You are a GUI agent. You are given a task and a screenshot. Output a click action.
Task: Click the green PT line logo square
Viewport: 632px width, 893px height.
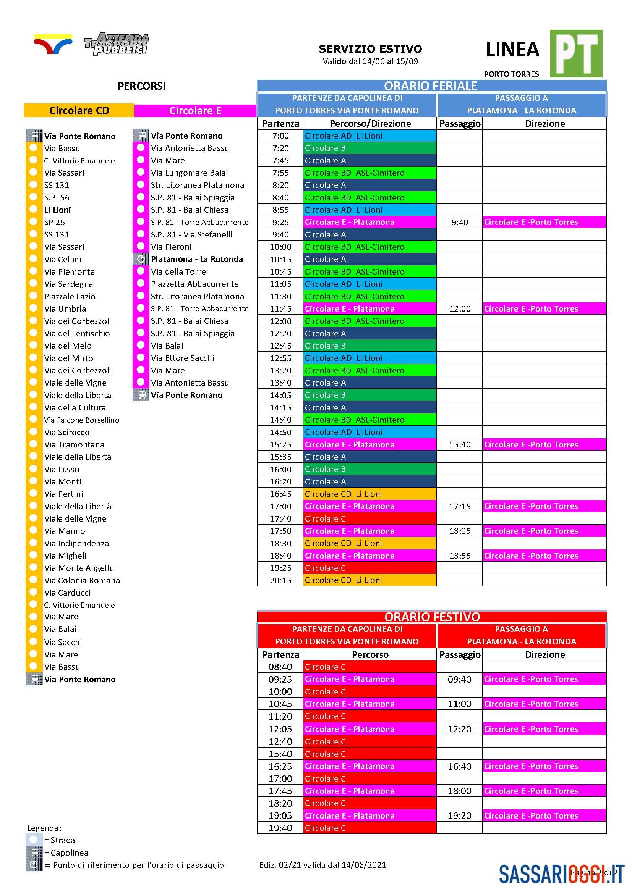tap(575, 53)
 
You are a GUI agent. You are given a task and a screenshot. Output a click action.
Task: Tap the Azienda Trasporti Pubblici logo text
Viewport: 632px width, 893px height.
tap(117, 44)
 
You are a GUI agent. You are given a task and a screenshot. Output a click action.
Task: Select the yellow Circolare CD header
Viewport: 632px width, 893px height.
tap(79, 110)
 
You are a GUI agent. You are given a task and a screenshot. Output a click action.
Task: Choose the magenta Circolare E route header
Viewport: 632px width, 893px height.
tap(195, 110)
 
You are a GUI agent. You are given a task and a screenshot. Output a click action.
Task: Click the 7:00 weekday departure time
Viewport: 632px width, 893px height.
tap(280, 136)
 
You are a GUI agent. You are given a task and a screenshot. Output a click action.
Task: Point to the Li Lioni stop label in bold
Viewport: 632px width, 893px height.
tap(58, 210)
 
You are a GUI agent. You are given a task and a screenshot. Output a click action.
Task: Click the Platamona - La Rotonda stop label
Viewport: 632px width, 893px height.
tap(196, 259)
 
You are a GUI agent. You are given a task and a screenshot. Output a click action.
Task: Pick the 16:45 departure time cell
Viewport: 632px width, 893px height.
tap(280, 494)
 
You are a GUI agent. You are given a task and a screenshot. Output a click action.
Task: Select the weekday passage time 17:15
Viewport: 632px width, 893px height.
tap(460, 506)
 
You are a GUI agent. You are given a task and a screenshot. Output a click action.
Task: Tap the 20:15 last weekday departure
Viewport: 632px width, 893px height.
tap(280, 580)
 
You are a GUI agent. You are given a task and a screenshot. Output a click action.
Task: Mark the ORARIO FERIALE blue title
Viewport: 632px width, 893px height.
tap(430, 86)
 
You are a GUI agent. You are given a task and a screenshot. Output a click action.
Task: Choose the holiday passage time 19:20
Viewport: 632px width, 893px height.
tap(459, 815)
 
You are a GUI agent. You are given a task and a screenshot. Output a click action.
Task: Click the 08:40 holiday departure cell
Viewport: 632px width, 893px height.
tap(280, 667)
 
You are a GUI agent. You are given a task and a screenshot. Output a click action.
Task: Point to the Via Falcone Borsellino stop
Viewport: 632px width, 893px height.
tap(82, 420)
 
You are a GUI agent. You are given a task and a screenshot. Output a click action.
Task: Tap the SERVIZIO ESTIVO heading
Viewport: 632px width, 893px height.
tap(370, 49)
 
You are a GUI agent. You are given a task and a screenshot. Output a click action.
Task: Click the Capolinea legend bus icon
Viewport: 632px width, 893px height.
tap(34, 853)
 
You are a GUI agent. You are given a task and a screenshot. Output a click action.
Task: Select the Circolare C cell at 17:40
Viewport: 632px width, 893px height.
tap(369, 519)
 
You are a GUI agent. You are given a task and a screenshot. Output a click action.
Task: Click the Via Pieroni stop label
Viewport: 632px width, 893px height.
tap(171, 247)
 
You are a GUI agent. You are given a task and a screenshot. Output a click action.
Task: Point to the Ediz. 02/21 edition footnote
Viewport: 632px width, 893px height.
tap(322, 865)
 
